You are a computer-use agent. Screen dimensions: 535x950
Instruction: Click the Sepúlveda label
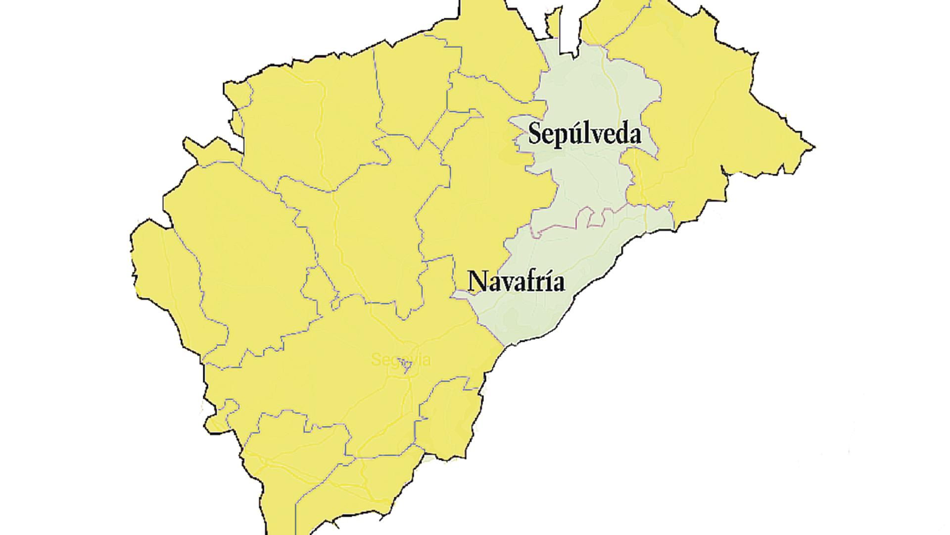click(x=584, y=134)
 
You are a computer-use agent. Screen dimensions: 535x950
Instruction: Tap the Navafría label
click(x=516, y=281)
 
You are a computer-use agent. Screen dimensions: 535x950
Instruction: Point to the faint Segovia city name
click(x=400, y=360)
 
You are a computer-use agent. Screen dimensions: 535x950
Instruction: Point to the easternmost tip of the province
click(x=813, y=147)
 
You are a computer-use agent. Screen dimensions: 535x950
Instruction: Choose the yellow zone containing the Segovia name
click(x=346, y=376)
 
